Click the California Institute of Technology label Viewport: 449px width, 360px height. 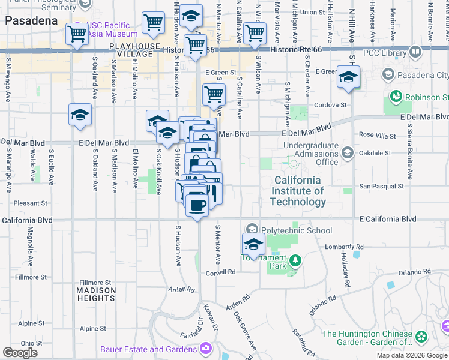tap(298, 191)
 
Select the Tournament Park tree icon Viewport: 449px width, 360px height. tap(295, 260)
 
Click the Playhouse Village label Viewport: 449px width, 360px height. tap(134, 50)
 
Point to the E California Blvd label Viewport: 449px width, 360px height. tap(388, 219)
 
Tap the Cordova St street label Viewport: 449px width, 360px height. tap(331, 104)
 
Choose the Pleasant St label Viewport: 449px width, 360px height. tap(26, 203)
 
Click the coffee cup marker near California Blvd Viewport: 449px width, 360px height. tap(197, 206)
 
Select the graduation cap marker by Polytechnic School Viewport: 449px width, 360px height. tap(254, 244)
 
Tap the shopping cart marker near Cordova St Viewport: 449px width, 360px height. tap(214, 94)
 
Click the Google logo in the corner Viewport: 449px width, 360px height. tap(20, 352)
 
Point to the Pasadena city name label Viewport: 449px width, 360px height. tap(31, 20)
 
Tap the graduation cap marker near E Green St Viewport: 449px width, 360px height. tap(348, 77)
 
